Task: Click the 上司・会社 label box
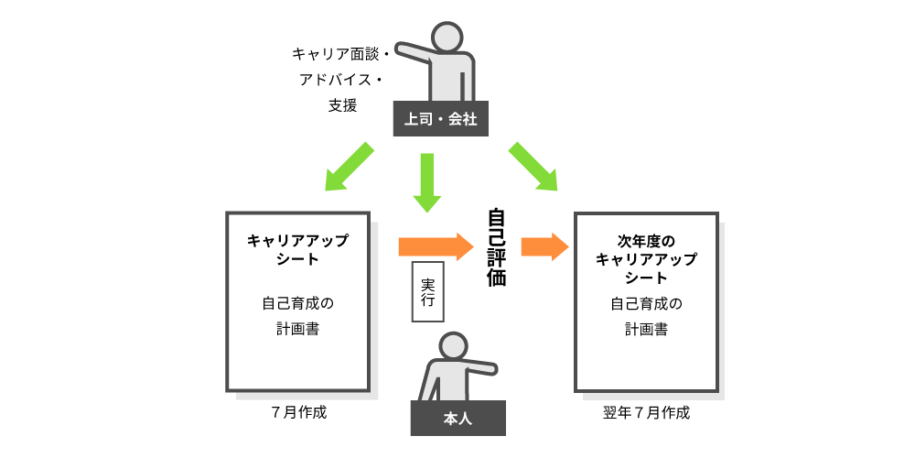tap(440, 119)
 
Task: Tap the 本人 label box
tap(457, 418)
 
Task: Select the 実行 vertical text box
tap(427, 291)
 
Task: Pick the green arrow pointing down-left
tap(350, 167)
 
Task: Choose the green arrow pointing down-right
tap(533, 167)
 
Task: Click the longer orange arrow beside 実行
tap(436, 246)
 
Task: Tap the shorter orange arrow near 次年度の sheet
tap(544, 246)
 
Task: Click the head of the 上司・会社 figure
tap(447, 38)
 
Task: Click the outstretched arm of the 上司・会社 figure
tap(416, 50)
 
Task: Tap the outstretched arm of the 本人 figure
tap(479, 367)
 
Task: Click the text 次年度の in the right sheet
tap(646, 241)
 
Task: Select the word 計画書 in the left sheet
tap(297, 329)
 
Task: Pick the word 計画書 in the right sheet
tap(646, 329)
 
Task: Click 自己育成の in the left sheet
tap(297, 303)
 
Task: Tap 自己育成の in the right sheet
tap(646, 303)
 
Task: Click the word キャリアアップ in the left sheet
tap(297, 241)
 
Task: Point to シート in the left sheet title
tap(297, 259)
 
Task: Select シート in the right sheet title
tap(646, 278)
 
